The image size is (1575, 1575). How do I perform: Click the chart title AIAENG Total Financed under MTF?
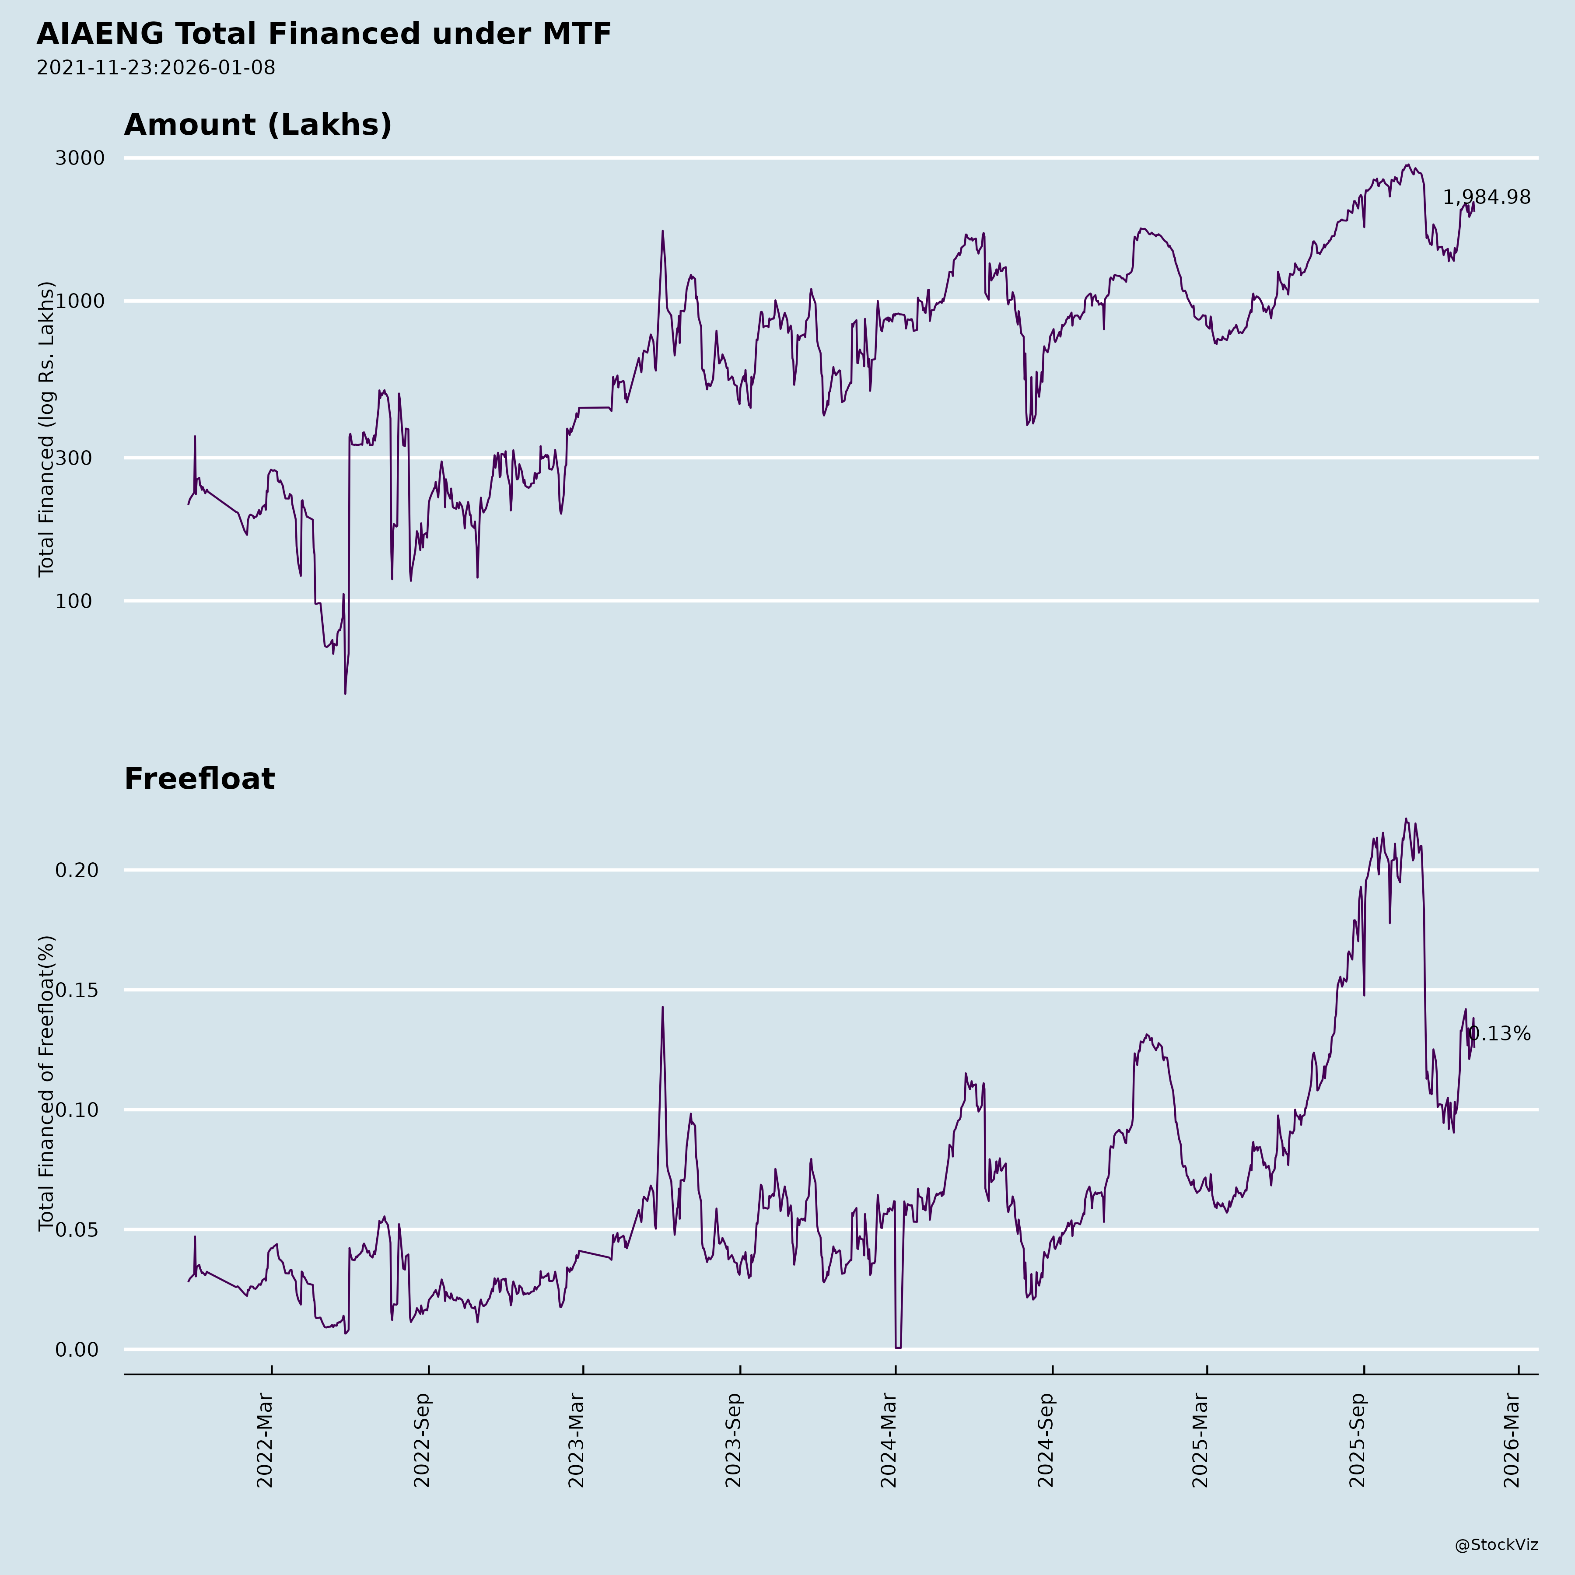click(x=324, y=34)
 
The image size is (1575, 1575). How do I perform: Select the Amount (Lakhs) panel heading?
click(x=258, y=125)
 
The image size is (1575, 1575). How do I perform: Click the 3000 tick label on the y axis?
click(x=80, y=158)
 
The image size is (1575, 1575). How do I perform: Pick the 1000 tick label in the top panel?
click(x=80, y=301)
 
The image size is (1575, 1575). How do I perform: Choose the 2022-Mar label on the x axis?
click(x=265, y=1441)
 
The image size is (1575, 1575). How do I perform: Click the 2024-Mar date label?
click(x=889, y=1441)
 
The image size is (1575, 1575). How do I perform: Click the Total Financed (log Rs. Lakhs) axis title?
click(x=46, y=429)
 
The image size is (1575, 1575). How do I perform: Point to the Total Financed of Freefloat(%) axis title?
click(x=46, y=1083)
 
